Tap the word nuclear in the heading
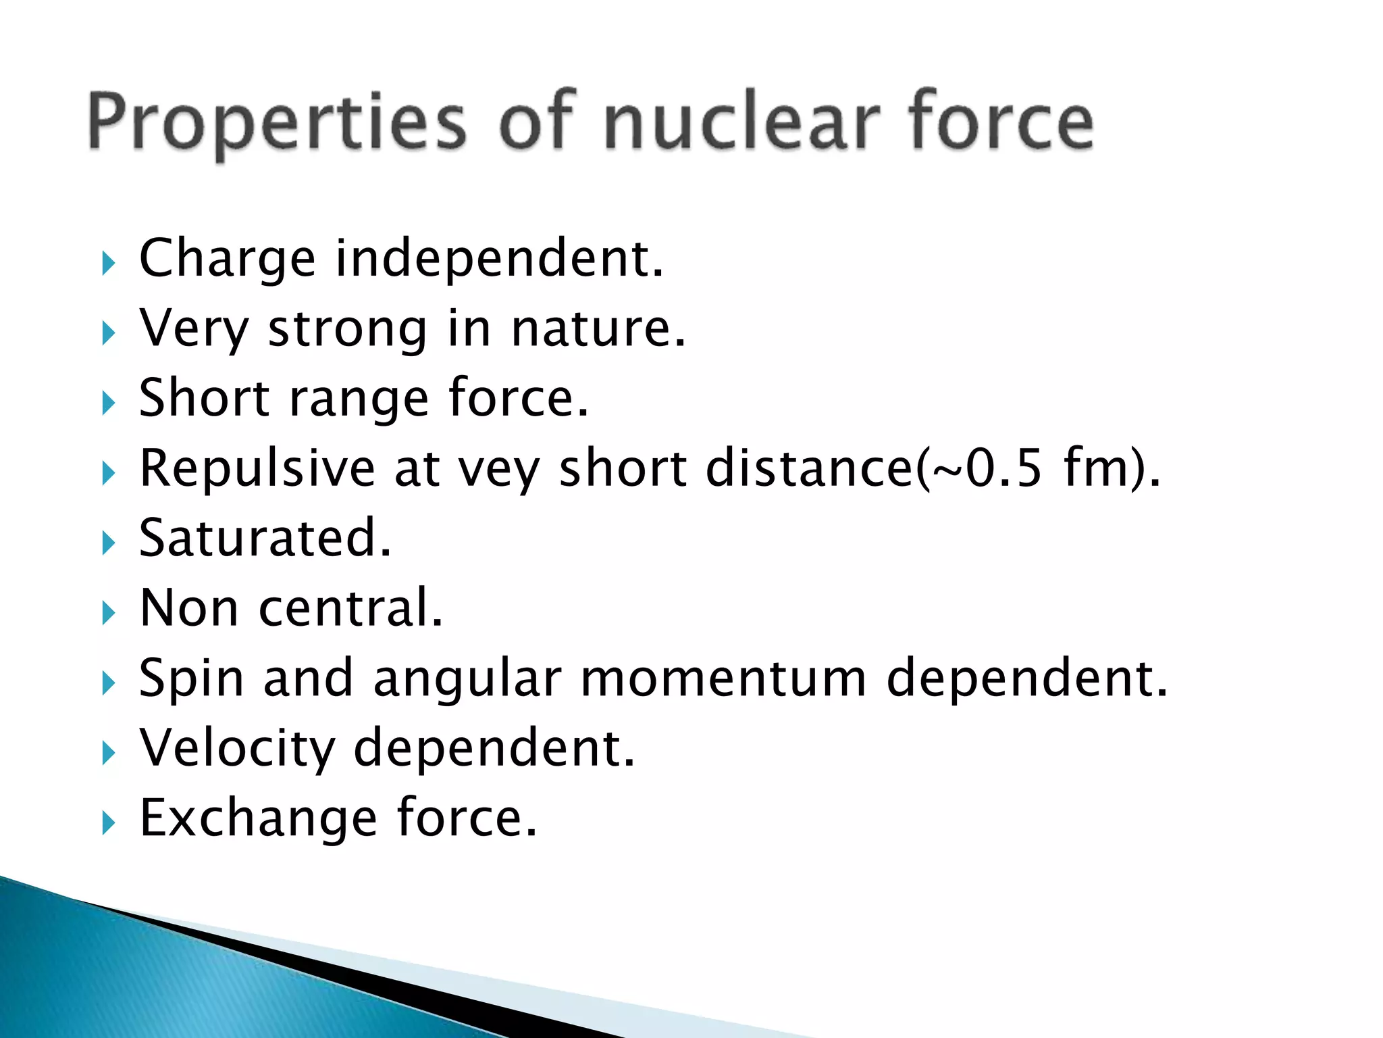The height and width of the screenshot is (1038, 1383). [x=741, y=122]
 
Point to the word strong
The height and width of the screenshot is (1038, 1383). [x=348, y=330]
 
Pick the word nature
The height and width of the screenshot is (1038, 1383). [x=598, y=328]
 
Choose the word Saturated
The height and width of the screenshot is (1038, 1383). [x=265, y=538]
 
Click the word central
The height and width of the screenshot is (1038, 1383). [x=350, y=608]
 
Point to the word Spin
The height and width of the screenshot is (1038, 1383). [x=191, y=679]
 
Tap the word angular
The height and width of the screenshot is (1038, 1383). [x=467, y=679]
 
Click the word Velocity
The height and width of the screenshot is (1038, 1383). [x=237, y=749]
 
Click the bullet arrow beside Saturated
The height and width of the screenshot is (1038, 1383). [x=109, y=543]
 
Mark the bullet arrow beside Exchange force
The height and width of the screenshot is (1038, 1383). [x=109, y=822]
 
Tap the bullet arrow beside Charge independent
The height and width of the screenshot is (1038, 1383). [x=109, y=263]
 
